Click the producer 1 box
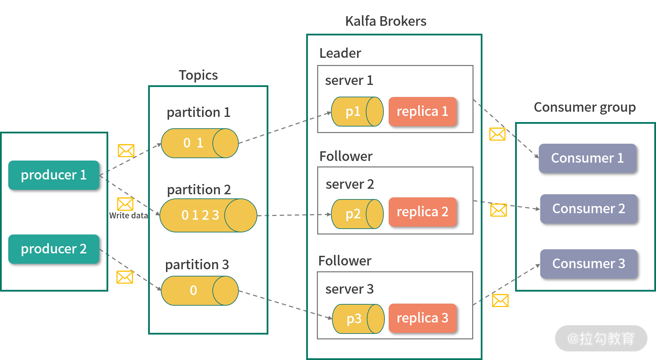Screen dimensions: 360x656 pos(54,175)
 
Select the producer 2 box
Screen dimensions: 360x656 pos(54,249)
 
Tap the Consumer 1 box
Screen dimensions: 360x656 pos(587,158)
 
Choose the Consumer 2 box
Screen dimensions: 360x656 pos(588,209)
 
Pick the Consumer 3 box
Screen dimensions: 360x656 pos(588,264)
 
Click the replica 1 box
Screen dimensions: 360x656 pos(422,111)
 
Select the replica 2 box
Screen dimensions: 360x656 pos(422,212)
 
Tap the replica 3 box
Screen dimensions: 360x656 pos(422,318)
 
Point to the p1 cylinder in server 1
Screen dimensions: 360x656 pos(357,111)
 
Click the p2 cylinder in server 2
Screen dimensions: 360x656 pos(357,214)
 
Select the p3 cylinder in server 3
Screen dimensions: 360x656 pos(358,319)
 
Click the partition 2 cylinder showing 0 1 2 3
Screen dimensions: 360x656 pos(208,215)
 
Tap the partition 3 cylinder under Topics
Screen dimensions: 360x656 pos(199,291)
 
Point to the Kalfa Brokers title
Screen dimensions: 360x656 pos(386,21)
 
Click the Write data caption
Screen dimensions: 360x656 pos(129,216)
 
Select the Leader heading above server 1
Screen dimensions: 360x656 pos(340,53)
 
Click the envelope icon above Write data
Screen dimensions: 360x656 pos(125,204)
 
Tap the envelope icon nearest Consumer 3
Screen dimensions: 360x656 pos(500,301)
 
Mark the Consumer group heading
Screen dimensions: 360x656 pos(585,107)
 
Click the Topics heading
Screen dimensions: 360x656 pos(198,75)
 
